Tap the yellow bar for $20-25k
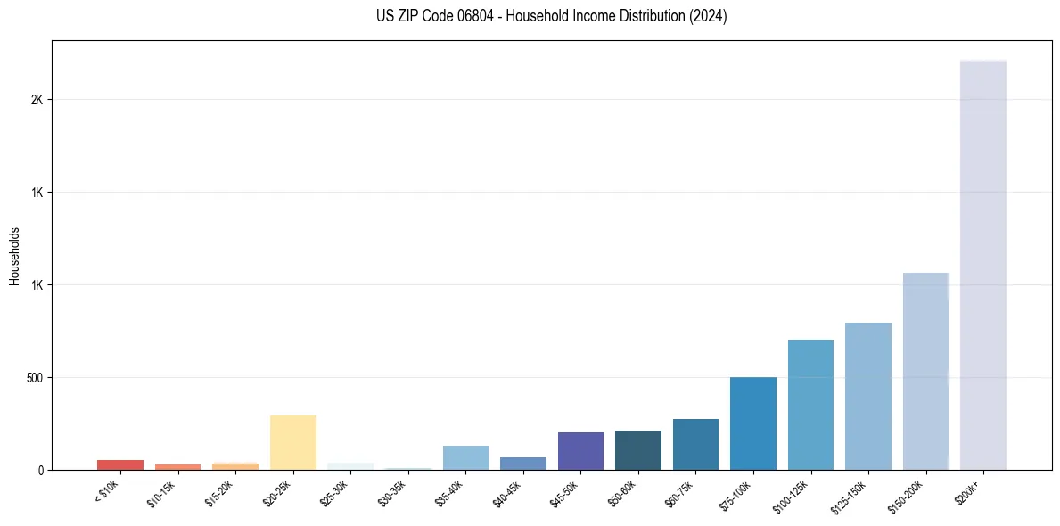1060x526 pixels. (x=292, y=442)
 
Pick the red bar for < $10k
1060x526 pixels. (x=120, y=464)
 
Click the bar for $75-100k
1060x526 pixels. (x=752, y=423)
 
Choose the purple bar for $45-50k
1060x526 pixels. (x=580, y=451)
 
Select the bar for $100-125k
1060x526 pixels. (x=810, y=405)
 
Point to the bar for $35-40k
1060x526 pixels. (x=465, y=457)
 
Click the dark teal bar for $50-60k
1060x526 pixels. (x=637, y=450)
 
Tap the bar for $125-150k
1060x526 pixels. (x=867, y=396)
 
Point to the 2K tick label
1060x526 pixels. (x=37, y=100)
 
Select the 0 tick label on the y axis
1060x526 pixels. (x=41, y=471)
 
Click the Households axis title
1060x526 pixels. (x=15, y=255)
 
